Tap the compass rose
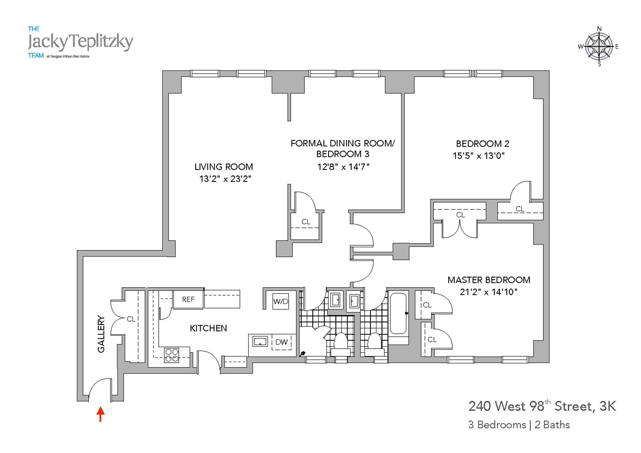(x=599, y=46)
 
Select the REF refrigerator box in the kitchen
(x=188, y=299)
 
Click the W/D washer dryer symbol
(x=280, y=301)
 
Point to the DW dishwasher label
(x=281, y=342)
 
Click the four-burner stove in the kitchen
(x=172, y=355)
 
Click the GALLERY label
(x=101, y=334)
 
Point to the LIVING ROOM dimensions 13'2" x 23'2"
(x=225, y=179)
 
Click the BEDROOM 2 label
(x=482, y=144)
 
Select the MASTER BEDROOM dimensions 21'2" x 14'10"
(x=488, y=292)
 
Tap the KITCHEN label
(x=208, y=328)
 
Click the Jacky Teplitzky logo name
(x=80, y=42)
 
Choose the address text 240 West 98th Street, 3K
(x=542, y=406)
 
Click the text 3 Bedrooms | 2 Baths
(x=519, y=425)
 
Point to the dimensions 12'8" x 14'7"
(x=343, y=167)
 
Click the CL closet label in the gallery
(x=131, y=319)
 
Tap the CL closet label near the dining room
(x=306, y=222)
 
